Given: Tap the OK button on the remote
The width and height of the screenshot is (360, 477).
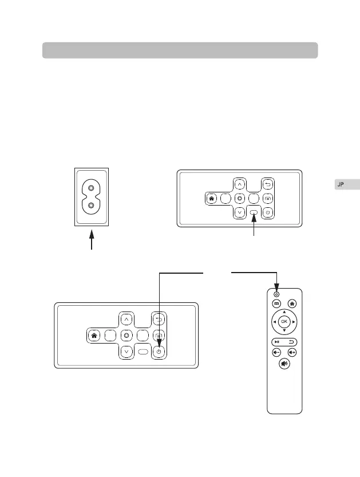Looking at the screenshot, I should point(284,322).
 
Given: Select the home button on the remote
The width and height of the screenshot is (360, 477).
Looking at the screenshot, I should point(292,303).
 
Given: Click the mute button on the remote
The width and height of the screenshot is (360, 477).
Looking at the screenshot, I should point(284,363).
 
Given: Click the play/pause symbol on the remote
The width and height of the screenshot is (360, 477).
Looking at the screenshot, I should point(276,341).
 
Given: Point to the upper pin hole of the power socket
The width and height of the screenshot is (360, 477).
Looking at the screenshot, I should point(90,187).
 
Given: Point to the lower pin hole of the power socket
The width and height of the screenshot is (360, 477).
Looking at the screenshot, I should point(90,205).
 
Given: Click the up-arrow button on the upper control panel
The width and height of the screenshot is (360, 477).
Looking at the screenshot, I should point(240,184).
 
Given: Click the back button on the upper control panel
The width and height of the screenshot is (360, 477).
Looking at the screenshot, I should point(267,184).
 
